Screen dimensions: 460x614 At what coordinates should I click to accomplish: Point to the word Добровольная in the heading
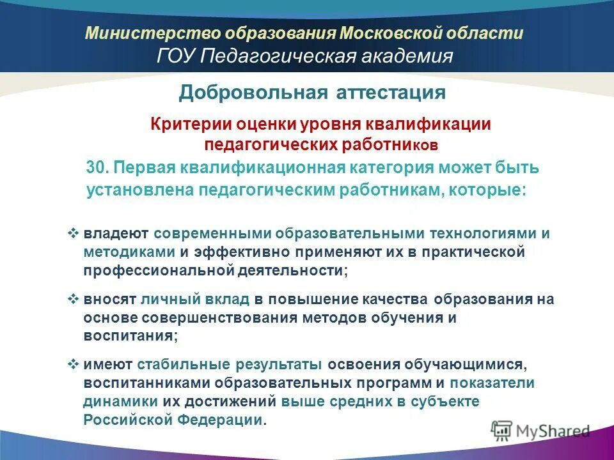pyautogui.click(x=253, y=93)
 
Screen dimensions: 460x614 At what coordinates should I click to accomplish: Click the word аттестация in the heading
pyautogui.click(x=390, y=93)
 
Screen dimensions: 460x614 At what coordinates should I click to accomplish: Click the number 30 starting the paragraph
pyautogui.click(x=96, y=169)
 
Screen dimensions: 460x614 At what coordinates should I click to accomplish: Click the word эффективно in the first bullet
pyautogui.click(x=244, y=252)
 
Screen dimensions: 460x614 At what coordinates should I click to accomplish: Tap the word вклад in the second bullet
pyautogui.click(x=234, y=299)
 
